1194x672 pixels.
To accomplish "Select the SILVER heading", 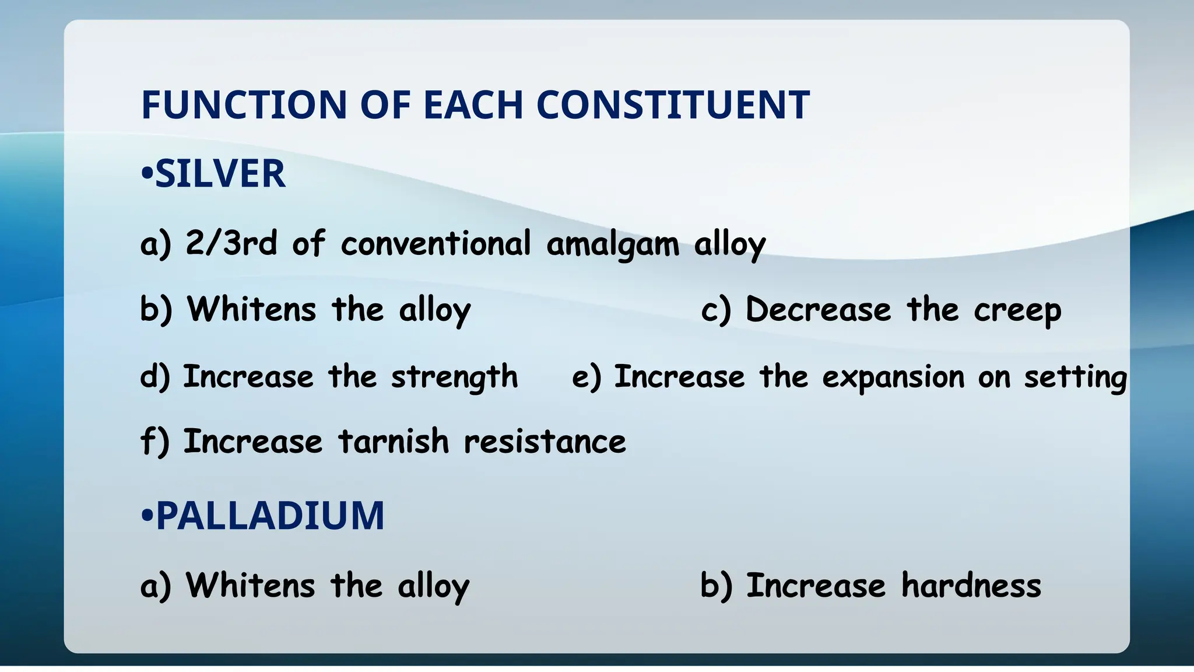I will [220, 174].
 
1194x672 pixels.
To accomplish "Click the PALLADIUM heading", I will [270, 516].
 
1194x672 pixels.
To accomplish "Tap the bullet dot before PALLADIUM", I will [147, 517].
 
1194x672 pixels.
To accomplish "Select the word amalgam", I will [613, 244].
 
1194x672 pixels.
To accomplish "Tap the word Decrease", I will [818, 309].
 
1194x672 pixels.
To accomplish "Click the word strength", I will [454, 377].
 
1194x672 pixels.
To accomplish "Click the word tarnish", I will [394, 441].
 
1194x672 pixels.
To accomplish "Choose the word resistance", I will [545, 441].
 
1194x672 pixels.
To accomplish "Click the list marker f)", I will [154, 441].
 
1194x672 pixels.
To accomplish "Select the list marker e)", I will [586, 377].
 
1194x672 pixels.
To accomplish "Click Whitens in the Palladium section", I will [251, 585].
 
